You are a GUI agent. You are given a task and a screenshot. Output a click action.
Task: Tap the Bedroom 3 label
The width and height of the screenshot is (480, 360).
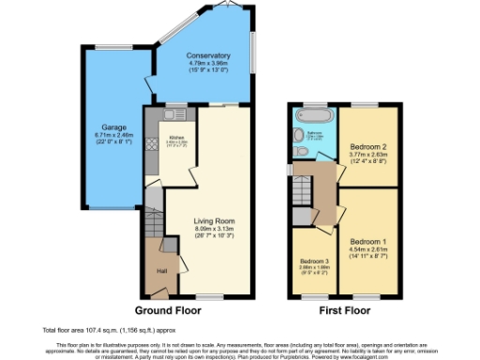pyautogui.click(x=314, y=261)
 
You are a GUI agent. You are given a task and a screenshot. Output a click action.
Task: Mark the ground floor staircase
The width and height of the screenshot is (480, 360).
pyautogui.click(x=153, y=215)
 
